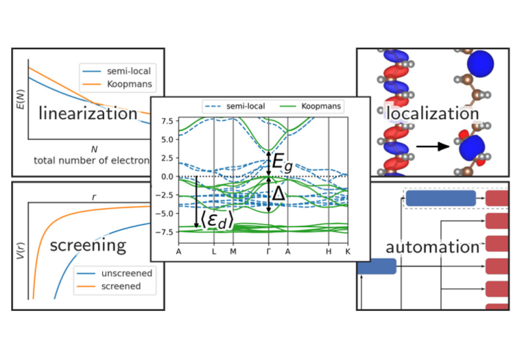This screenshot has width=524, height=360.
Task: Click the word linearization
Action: (x=88, y=113)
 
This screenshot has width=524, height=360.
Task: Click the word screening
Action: (x=88, y=246)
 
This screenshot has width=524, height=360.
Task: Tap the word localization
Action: (x=433, y=113)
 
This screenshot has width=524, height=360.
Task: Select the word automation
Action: (x=433, y=247)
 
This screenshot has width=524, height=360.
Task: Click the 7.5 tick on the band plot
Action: (x=168, y=121)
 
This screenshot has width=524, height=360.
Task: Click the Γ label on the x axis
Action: (x=269, y=251)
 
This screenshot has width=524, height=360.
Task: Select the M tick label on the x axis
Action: (x=233, y=251)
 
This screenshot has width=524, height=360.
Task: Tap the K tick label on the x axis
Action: (x=348, y=251)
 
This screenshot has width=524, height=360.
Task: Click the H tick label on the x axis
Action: (x=329, y=251)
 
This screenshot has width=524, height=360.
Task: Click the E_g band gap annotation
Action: (x=282, y=162)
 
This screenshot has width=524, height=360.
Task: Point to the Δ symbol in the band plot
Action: (x=279, y=193)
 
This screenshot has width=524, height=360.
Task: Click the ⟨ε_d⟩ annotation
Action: (x=217, y=221)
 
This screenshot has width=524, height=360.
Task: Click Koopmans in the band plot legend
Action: (x=321, y=106)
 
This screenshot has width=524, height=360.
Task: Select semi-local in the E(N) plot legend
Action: (x=128, y=71)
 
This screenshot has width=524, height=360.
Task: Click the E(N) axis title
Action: (x=21, y=99)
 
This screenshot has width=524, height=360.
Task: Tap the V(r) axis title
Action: (x=21, y=251)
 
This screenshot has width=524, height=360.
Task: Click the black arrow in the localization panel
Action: (x=433, y=146)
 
